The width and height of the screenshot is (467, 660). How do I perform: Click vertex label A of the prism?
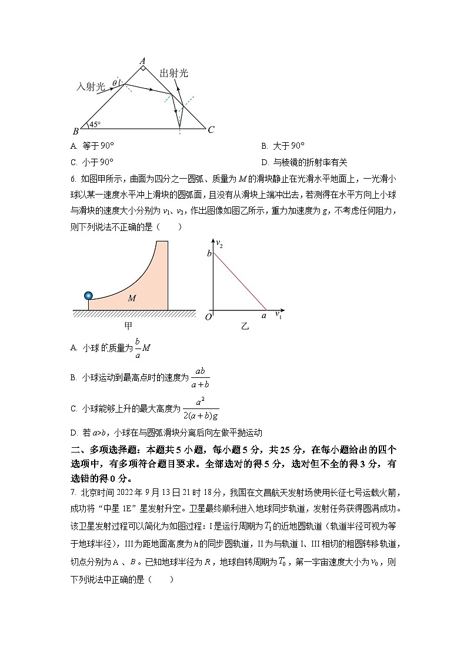point(142,61)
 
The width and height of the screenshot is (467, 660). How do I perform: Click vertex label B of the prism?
point(75,130)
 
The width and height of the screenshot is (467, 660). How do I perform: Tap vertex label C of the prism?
point(211,130)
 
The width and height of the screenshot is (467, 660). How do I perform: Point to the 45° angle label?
point(94,124)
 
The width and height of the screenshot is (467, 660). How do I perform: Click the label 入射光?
point(91,86)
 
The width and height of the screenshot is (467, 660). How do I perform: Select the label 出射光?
point(174,73)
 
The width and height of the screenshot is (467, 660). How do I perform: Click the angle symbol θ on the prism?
point(114,84)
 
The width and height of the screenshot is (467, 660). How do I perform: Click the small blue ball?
point(88,295)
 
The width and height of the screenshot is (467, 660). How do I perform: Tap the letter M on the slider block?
point(132,299)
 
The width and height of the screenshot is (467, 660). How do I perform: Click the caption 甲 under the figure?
point(128,325)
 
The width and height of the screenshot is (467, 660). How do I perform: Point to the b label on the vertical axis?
point(208,253)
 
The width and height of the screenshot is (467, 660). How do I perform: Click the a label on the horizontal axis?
point(264,316)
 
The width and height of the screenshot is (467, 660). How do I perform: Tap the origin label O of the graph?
point(208,317)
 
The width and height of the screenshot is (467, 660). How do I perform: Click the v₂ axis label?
point(219,243)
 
